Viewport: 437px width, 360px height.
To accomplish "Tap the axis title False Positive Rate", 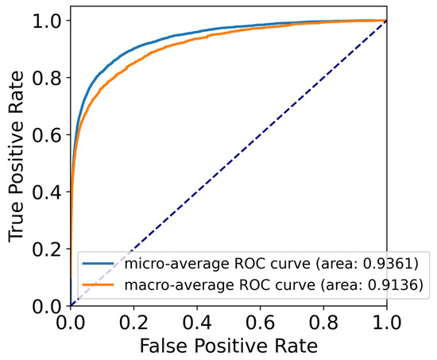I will pos(229,346).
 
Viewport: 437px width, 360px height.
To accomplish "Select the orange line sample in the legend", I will pos(99,283).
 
